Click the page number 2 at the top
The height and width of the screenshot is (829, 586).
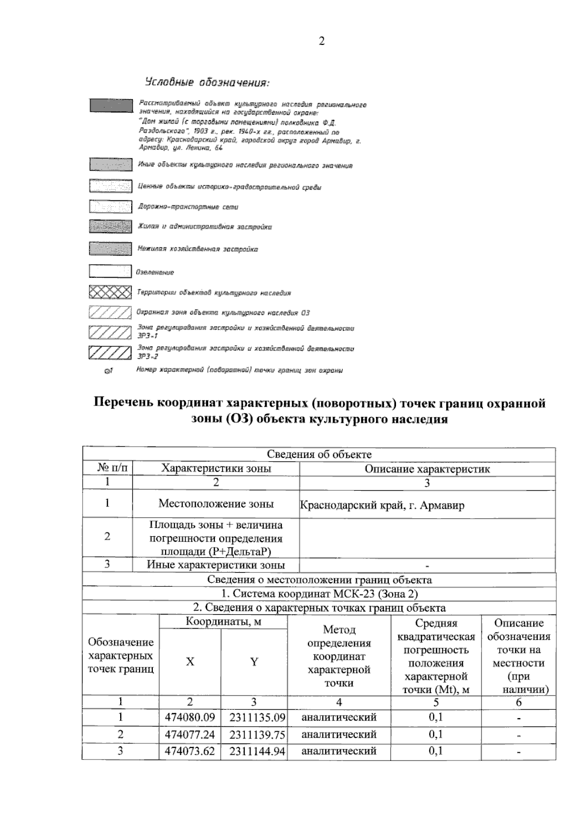321,41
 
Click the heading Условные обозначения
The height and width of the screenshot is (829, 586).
207,82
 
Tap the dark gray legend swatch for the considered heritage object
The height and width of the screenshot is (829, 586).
110,105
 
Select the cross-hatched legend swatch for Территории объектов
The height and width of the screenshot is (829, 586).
110,292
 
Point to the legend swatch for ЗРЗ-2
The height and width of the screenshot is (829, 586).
110,352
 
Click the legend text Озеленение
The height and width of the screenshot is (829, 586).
156,272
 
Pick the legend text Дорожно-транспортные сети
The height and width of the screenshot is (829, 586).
188,207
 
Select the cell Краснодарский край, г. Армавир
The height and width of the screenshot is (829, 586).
382,505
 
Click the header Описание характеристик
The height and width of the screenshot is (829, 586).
427,469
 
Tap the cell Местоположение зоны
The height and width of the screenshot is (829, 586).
216,504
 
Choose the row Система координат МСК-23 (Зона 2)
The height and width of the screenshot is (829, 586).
319,594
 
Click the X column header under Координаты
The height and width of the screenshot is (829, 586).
190,662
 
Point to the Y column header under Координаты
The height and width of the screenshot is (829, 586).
254,662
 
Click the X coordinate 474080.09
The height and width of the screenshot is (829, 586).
190,718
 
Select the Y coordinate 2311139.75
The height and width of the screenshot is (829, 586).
257,735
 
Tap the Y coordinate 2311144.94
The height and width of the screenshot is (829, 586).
257,751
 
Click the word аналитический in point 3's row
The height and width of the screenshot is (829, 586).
339,751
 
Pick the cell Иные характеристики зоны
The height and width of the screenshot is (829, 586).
216,565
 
